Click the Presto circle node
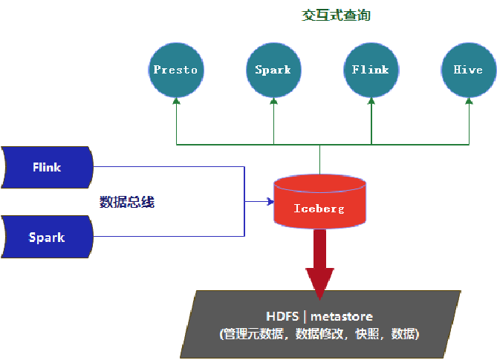coord(175,71)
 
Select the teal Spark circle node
coord(273,71)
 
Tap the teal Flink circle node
coord(370,71)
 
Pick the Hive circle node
coord(467,71)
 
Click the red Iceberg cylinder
coord(319,202)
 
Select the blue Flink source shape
coord(47,167)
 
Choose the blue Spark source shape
coord(47,238)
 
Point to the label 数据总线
coord(127,202)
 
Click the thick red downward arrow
coord(319,260)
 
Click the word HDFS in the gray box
coord(282,317)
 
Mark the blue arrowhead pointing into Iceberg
coord(270,201)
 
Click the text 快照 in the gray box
coord(366,334)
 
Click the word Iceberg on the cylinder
coord(319,209)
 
